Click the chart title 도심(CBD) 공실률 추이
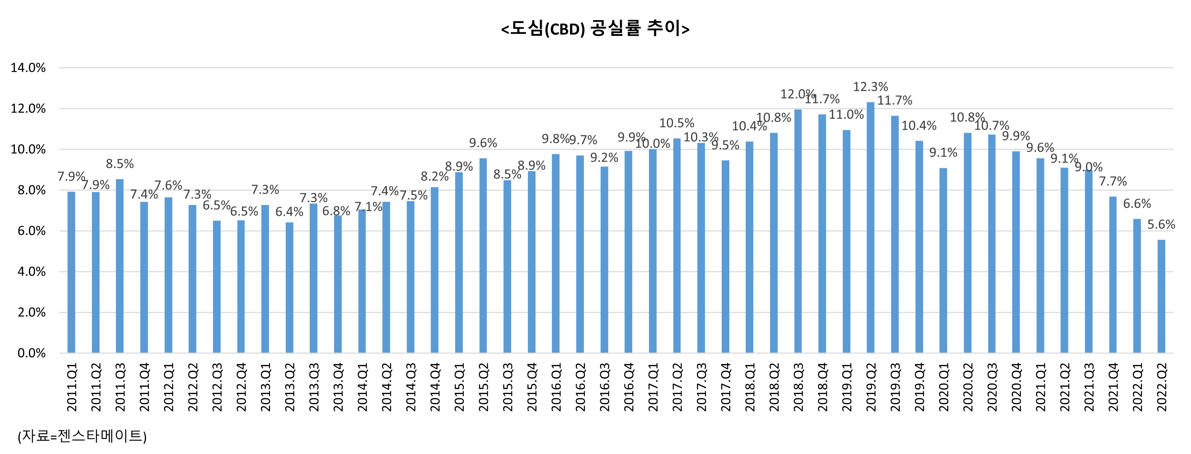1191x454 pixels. pos(595,29)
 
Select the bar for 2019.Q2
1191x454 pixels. pos(870,227)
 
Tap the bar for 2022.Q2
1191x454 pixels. pos(1161,296)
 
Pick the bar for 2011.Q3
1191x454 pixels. pos(120,266)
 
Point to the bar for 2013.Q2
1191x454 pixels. pos(289,287)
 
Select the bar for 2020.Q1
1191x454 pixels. pos(943,260)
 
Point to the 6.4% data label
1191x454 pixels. pos(289,212)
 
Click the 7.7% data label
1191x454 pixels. pos(1113,182)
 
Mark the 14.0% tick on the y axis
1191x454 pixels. pos(28,68)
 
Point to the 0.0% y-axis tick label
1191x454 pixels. pos(31,353)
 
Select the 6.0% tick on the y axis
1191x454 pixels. pos(31,231)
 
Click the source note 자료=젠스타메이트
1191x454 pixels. pos(82,436)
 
